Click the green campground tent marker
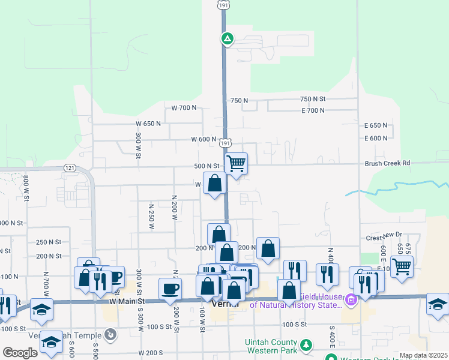click(x=228, y=40)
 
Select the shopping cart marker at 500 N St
click(x=237, y=163)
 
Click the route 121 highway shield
click(x=70, y=167)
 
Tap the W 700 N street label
click(x=184, y=108)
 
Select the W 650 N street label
click(x=148, y=124)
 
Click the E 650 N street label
click(x=376, y=125)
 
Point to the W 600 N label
click(x=203, y=139)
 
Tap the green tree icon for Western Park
click(x=306, y=345)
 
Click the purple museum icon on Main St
click(x=349, y=298)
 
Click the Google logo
click(x=20, y=353)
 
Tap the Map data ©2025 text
click(x=423, y=355)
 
